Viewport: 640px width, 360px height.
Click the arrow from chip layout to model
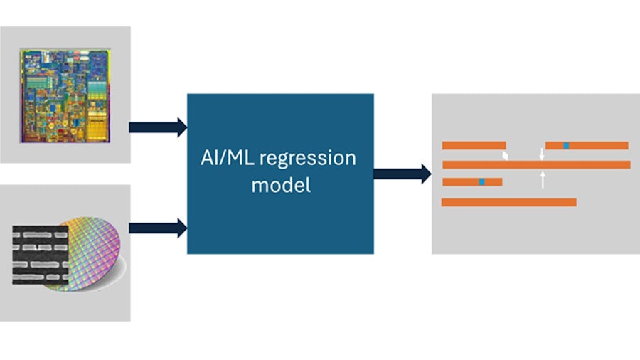[157, 127]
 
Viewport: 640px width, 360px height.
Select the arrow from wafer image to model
[157, 228]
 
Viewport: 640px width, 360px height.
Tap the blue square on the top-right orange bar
[566, 146]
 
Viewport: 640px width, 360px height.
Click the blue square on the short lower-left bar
[481, 182]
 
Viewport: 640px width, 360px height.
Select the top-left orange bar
[474, 146]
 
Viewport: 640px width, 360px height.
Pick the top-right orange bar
[587, 146]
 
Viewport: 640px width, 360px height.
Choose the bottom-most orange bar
[508, 202]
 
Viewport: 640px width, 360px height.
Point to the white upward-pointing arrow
[543, 178]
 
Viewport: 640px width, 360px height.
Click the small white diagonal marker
[506, 155]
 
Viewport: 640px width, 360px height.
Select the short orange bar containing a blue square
[472, 182]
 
